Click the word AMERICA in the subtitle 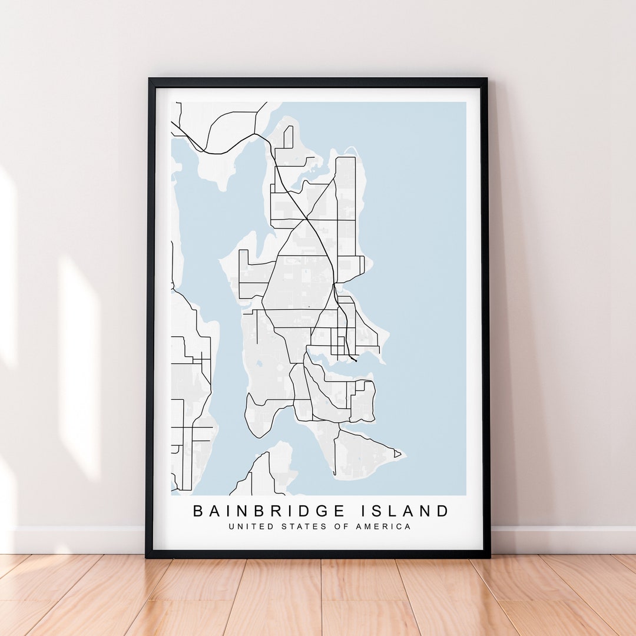pyautogui.click(x=383, y=526)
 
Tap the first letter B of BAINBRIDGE pyautogui.click(x=198, y=511)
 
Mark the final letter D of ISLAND pyautogui.click(x=443, y=511)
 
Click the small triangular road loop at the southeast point pyautogui.click(x=397, y=454)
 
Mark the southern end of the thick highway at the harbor pyautogui.click(x=356, y=360)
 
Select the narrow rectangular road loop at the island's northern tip pyautogui.click(x=288, y=137)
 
